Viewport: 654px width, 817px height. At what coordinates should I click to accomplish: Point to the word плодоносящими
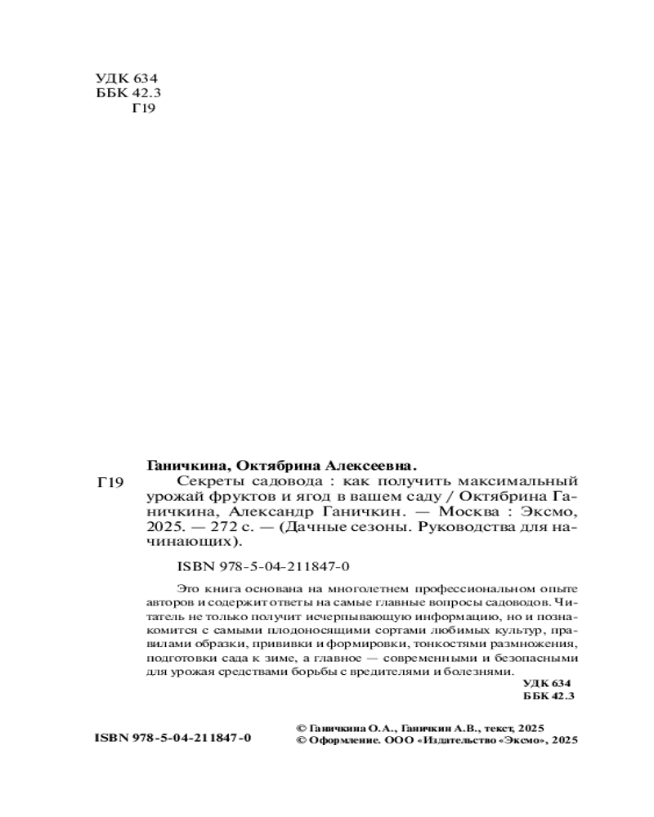(x=323, y=632)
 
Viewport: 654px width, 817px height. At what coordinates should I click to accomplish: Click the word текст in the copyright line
(x=486, y=725)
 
